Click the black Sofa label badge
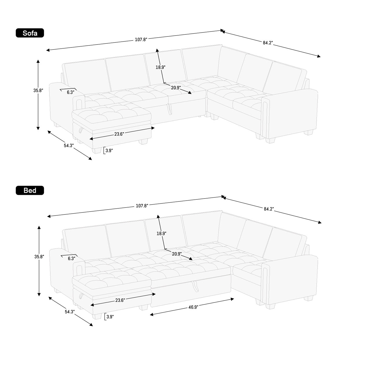coord(30,33)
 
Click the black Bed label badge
coord(30,190)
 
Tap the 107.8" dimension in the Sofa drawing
coord(141,40)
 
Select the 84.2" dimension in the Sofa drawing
coord(268,43)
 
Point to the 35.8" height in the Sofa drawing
coord(38,91)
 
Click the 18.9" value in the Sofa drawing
coord(161,67)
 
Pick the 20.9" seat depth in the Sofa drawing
coord(176,88)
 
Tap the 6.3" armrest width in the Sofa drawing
coord(70,92)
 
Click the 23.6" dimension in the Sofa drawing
coord(119,134)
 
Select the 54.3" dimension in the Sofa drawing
coord(69,146)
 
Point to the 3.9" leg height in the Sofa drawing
coord(109,151)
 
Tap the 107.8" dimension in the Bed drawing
coord(142,206)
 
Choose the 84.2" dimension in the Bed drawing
coord(269,209)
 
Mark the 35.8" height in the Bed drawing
coord(39,256)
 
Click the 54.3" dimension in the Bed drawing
coord(70,312)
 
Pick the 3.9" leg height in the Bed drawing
coord(110,317)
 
